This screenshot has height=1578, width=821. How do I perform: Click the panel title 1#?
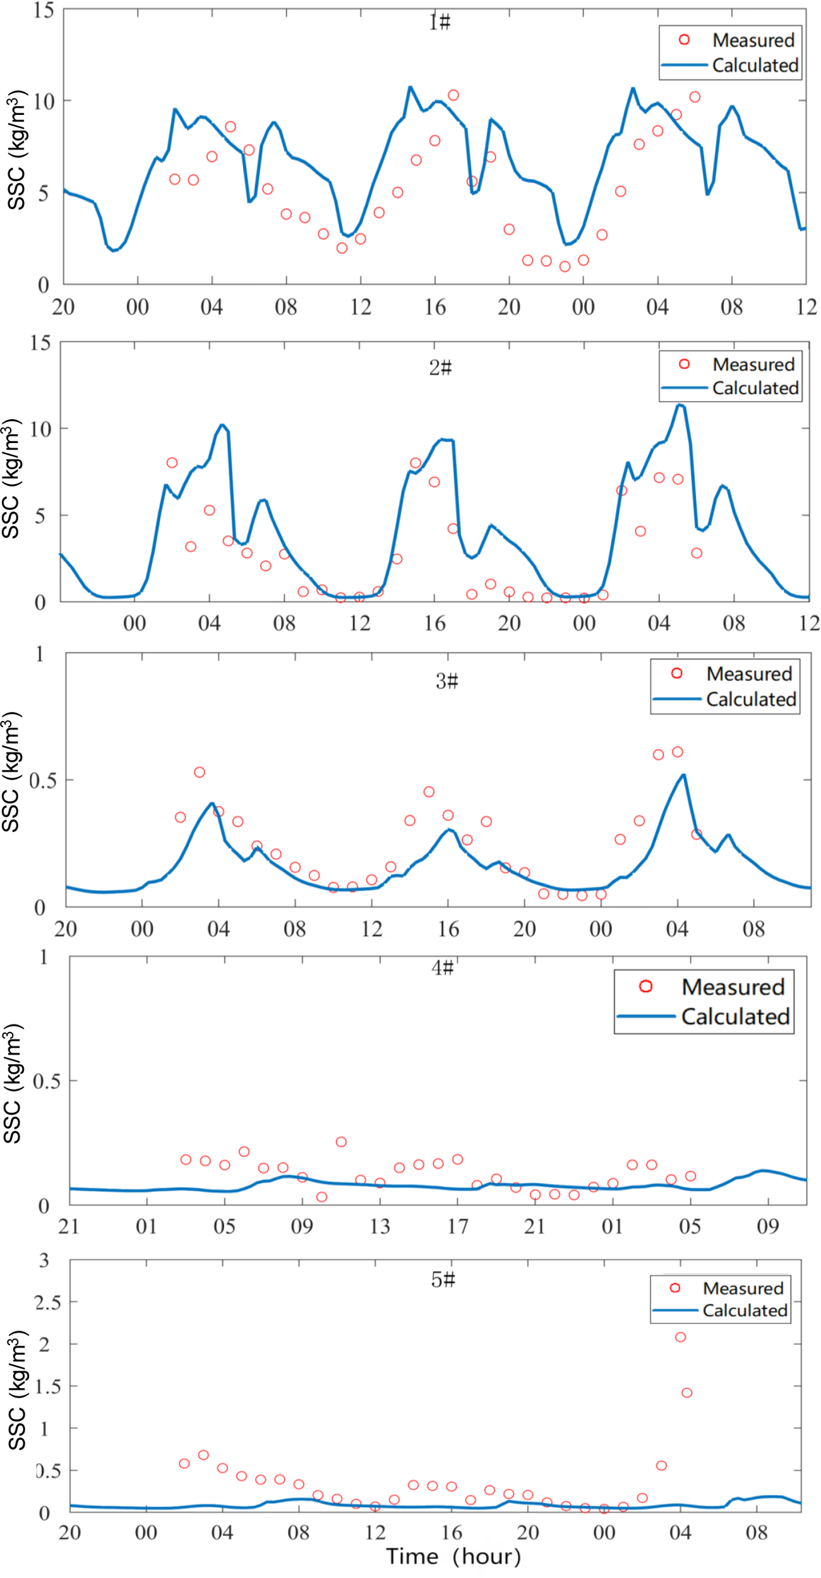click(440, 22)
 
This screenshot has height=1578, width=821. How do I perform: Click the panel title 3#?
click(446, 681)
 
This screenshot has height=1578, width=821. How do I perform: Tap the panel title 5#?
click(443, 1279)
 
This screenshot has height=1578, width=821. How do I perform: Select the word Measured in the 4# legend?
click(733, 987)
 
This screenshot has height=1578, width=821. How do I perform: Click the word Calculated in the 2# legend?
click(755, 388)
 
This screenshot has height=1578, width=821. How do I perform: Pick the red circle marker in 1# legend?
click(684, 40)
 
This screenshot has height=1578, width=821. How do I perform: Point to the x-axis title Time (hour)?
click(453, 1556)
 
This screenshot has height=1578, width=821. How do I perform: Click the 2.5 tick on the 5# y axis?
click(48, 1303)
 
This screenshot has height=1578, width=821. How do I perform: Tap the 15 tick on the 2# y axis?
click(40, 343)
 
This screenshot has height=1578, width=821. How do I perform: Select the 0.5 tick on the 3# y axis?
click(42, 780)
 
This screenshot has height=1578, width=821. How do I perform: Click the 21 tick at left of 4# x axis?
click(69, 1226)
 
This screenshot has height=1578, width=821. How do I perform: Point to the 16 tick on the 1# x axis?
click(434, 307)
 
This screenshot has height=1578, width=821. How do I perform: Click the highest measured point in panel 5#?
click(680, 1337)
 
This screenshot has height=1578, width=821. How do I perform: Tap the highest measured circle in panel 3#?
click(678, 752)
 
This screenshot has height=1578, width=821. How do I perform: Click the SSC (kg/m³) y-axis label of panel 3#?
click(13, 773)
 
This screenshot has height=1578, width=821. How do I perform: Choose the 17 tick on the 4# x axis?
click(458, 1226)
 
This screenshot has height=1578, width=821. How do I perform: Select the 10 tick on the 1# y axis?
click(44, 101)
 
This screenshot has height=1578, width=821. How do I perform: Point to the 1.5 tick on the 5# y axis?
click(48, 1387)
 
